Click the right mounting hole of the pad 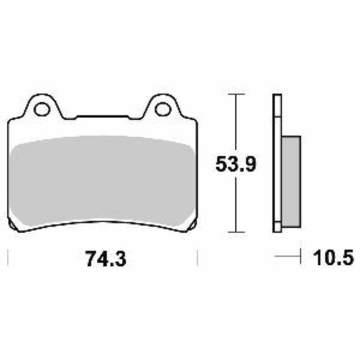pyautogui.click(x=163, y=109)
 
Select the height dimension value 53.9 pyautogui.click(x=234, y=164)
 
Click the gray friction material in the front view pyautogui.click(x=102, y=183)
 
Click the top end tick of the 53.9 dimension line pyautogui.click(x=237, y=95)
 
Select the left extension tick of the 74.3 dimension pyautogui.click(x=8, y=258)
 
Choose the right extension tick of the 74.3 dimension pyautogui.click(x=198, y=258)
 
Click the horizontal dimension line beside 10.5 pyautogui.click(x=288, y=257)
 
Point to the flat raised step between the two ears pyautogui.click(x=102, y=116)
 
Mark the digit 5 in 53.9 pyautogui.click(x=220, y=164)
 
